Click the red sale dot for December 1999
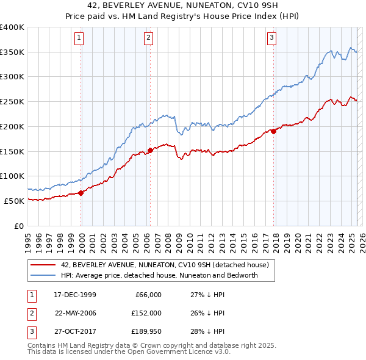pos(81,193)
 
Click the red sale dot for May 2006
pos(150,150)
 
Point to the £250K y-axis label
pos(12,101)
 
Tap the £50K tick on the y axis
pos(14,201)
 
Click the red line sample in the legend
pos(43,265)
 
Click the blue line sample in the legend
pos(43,275)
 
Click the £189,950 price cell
pos(145,331)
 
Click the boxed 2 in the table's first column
pos(30,313)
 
